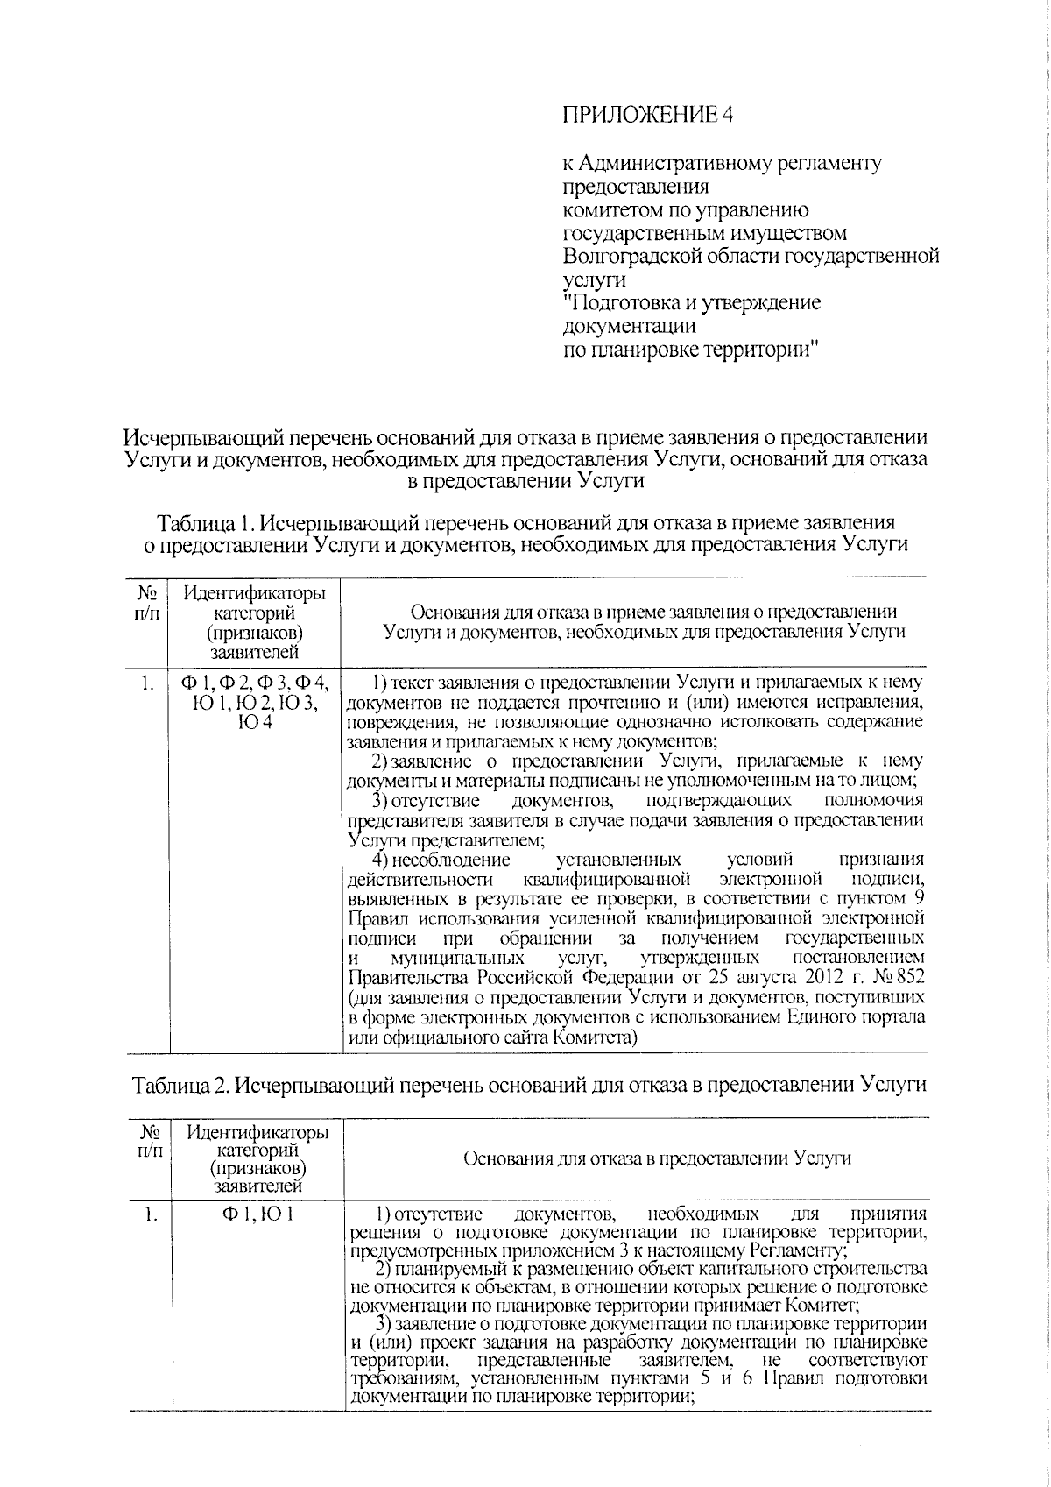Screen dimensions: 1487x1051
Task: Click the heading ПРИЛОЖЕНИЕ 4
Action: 645,115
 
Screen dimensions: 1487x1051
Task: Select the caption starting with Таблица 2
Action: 529,1085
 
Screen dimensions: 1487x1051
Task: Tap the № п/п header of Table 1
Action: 147,603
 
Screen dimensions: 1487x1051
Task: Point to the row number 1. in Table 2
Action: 151,1214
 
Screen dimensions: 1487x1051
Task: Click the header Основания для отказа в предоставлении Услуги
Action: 657,1158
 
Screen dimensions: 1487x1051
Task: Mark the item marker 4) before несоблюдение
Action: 378,860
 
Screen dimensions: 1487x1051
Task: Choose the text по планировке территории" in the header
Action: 691,351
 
